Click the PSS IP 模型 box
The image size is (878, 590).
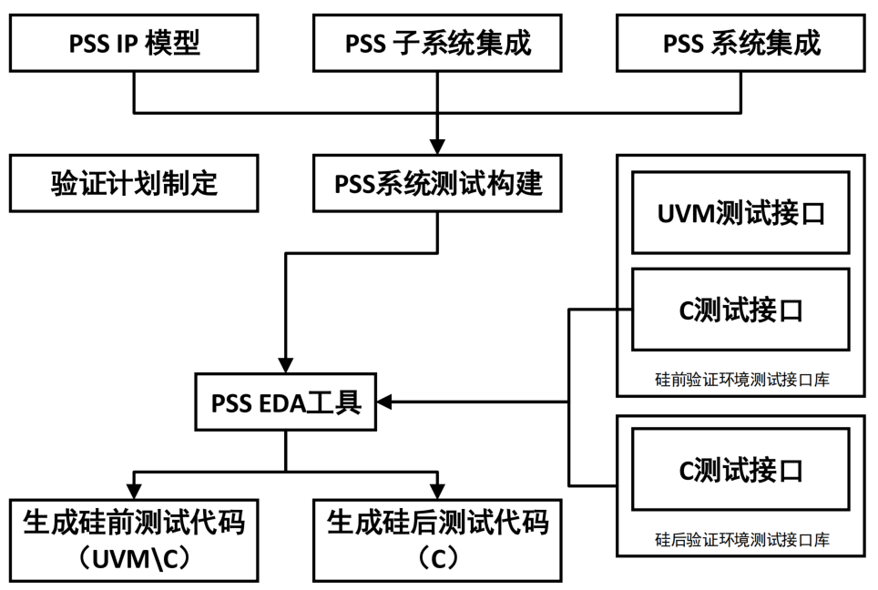point(134,43)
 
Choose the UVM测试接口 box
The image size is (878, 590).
point(741,213)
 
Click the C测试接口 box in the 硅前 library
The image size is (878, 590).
point(741,310)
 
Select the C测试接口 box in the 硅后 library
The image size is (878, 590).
point(741,471)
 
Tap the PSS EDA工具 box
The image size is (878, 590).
point(285,402)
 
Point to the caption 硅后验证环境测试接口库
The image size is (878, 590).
point(741,540)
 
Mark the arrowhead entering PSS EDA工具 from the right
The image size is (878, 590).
point(385,402)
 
